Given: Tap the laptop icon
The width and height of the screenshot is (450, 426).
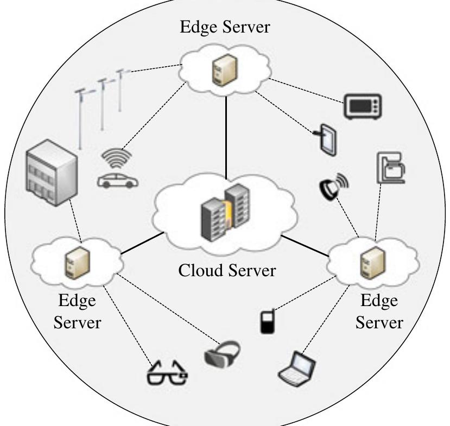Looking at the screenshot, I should coord(298,367).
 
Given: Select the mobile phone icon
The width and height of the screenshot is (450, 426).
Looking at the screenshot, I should coord(265,322).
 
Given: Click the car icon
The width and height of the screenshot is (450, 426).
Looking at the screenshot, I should coord(117,181).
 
